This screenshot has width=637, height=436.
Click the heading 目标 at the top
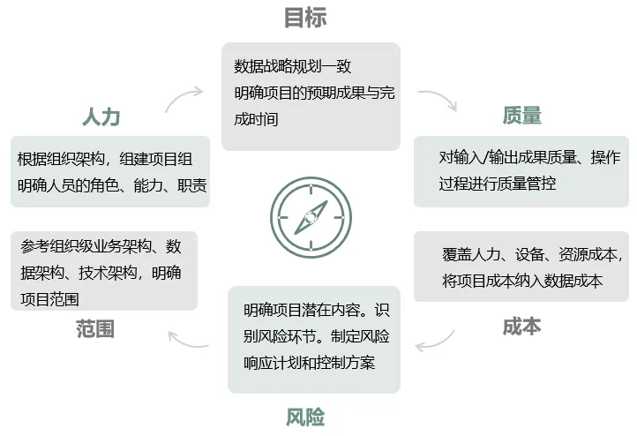(x=305, y=18)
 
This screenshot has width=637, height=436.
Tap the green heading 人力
(x=101, y=117)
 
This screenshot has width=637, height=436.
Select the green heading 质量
(x=522, y=116)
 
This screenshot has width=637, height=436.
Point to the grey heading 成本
(x=522, y=327)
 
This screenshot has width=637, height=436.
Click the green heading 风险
(x=305, y=417)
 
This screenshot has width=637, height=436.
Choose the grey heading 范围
(x=95, y=328)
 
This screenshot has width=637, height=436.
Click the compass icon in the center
(x=311, y=217)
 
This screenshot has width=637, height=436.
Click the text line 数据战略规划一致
(x=293, y=66)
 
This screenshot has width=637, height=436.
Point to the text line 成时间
(x=256, y=119)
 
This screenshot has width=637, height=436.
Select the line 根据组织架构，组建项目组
(x=105, y=159)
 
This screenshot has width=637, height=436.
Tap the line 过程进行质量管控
(x=498, y=184)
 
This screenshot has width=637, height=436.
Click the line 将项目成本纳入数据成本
(x=522, y=281)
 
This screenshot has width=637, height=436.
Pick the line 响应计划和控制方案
(x=309, y=363)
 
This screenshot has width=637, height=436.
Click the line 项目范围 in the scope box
(x=49, y=299)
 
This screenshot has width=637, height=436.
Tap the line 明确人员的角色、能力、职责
(x=112, y=185)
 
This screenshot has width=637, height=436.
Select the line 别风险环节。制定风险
(x=317, y=336)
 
